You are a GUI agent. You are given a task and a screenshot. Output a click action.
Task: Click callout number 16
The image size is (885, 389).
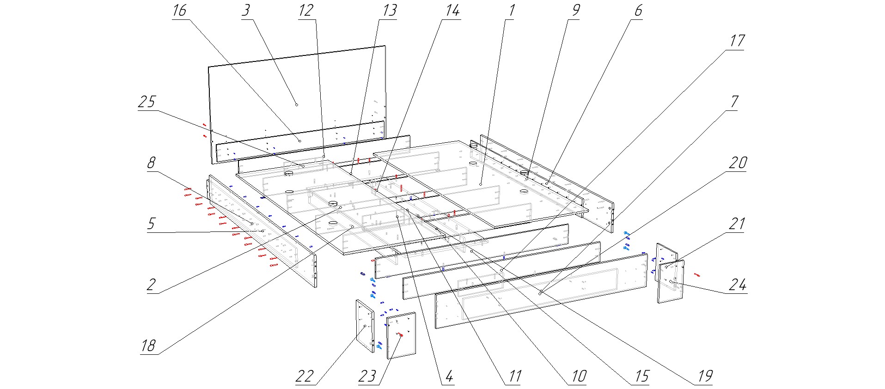point(179,10)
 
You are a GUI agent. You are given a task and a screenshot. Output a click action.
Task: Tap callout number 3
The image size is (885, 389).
point(245,10)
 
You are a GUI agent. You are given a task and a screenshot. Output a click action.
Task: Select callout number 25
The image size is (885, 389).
point(147,102)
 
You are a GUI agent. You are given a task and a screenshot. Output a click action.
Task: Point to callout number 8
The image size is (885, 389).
point(151,163)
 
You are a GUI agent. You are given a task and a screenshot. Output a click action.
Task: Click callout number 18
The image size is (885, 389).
point(148,346)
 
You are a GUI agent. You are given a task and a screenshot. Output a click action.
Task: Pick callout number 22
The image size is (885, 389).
point(305,376)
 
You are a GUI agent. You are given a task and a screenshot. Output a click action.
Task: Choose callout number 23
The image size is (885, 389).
point(367,376)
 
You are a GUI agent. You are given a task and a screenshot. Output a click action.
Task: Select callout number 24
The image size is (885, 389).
point(737,285)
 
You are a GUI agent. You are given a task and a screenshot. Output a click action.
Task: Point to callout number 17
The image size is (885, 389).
point(737,41)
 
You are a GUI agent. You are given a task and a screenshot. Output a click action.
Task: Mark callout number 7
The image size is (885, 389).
point(734,102)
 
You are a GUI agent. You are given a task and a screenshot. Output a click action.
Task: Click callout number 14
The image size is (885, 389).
point(452,10)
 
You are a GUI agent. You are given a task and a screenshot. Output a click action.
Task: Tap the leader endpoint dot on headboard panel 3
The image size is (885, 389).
point(297,105)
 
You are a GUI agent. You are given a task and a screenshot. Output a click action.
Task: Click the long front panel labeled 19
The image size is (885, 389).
point(541,292)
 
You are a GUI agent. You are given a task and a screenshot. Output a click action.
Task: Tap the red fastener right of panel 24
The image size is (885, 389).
point(697,275)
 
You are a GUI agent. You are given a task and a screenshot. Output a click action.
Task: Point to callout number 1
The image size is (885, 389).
point(512,10)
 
